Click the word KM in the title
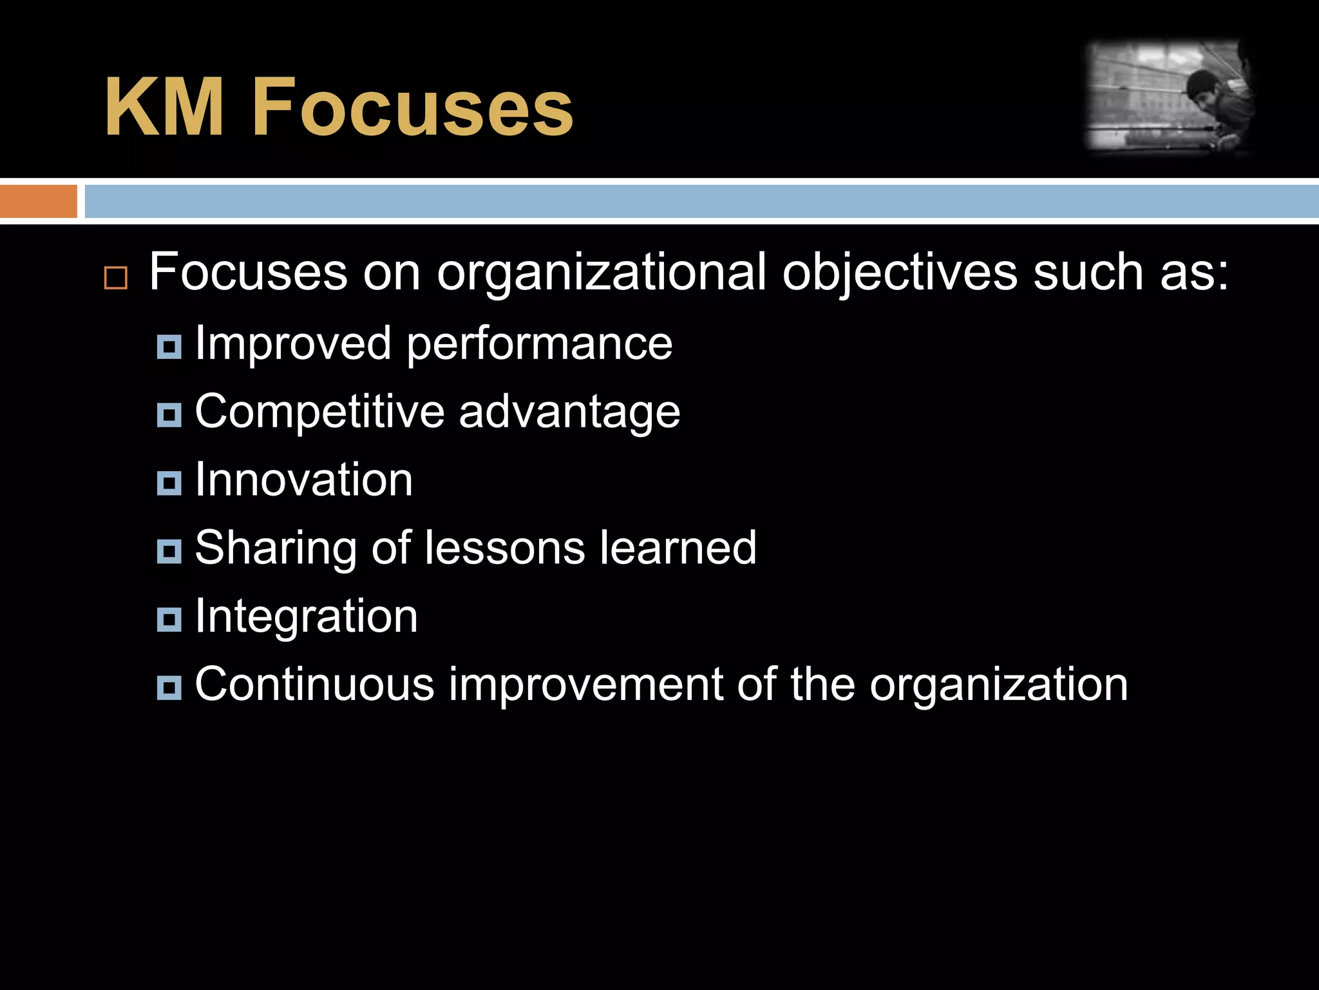click(x=164, y=107)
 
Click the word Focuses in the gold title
click(x=413, y=107)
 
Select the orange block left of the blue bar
click(x=38, y=201)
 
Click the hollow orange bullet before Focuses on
click(x=116, y=278)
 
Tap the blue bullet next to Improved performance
click(x=169, y=347)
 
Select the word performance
click(x=540, y=344)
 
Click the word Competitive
click(x=319, y=412)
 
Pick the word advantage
click(x=569, y=412)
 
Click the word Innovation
click(x=303, y=480)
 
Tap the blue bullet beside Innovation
click(x=169, y=483)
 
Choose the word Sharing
click(x=276, y=548)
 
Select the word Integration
click(x=306, y=617)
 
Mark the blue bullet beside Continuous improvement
click(x=169, y=688)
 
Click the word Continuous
click(x=314, y=684)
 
